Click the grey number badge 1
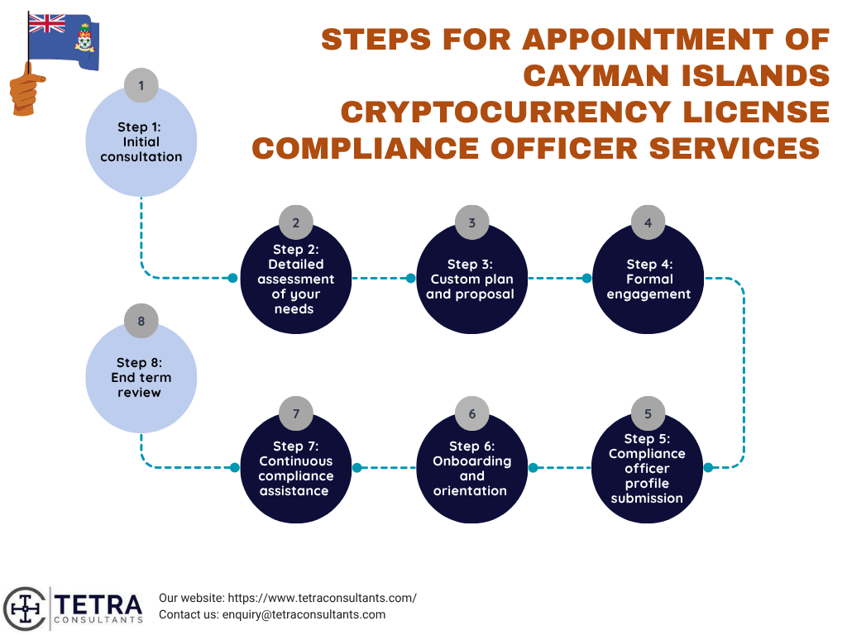click(x=141, y=85)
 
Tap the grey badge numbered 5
click(x=648, y=413)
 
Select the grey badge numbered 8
click(x=141, y=321)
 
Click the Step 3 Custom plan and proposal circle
click(x=472, y=279)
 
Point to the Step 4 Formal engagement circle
click(x=648, y=279)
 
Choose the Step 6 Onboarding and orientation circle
click(x=472, y=468)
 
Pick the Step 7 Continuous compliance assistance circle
click(x=296, y=468)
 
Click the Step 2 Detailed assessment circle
click(x=296, y=279)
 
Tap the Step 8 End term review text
click(x=141, y=377)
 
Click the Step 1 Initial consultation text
click(x=141, y=142)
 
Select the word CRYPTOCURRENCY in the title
click(x=505, y=112)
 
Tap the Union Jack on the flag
click(x=46, y=24)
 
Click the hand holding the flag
click(x=26, y=89)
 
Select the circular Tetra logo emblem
click(x=24, y=609)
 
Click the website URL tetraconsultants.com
click(x=322, y=598)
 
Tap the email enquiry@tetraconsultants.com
click(x=304, y=614)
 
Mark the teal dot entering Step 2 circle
click(x=232, y=278)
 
